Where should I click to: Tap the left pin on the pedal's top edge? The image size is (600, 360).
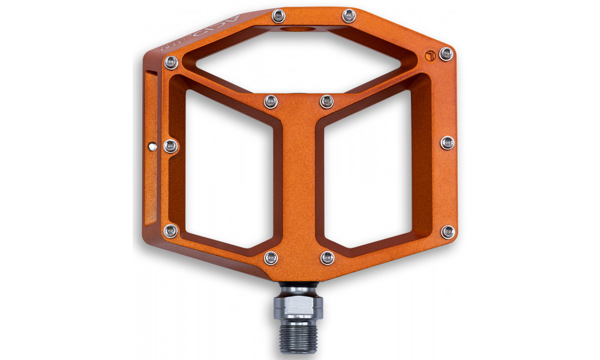pyautogui.click(x=277, y=15)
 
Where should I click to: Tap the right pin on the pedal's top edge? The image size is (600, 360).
pyautogui.click(x=347, y=15)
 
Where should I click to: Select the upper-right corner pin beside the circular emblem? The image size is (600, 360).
pyautogui.click(x=446, y=54)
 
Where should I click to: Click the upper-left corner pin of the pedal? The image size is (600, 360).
pyautogui.click(x=171, y=62)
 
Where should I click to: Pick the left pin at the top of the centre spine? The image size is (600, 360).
pyautogui.click(x=271, y=102)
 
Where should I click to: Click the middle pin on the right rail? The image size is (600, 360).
pyautogui.click(x=447, y=142)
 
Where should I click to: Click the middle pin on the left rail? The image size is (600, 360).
pyautogui.click(x=170, y=145)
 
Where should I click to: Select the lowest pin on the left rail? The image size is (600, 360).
pyautogui.click(x=171, y=230)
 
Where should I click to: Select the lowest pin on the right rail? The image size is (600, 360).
pyautogui.click(x=447, y=231)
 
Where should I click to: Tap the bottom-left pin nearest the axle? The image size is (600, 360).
pyautogui.click(x=271, y=258)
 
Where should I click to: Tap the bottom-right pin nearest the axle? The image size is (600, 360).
pyautogui.click(x=327, y=258)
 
